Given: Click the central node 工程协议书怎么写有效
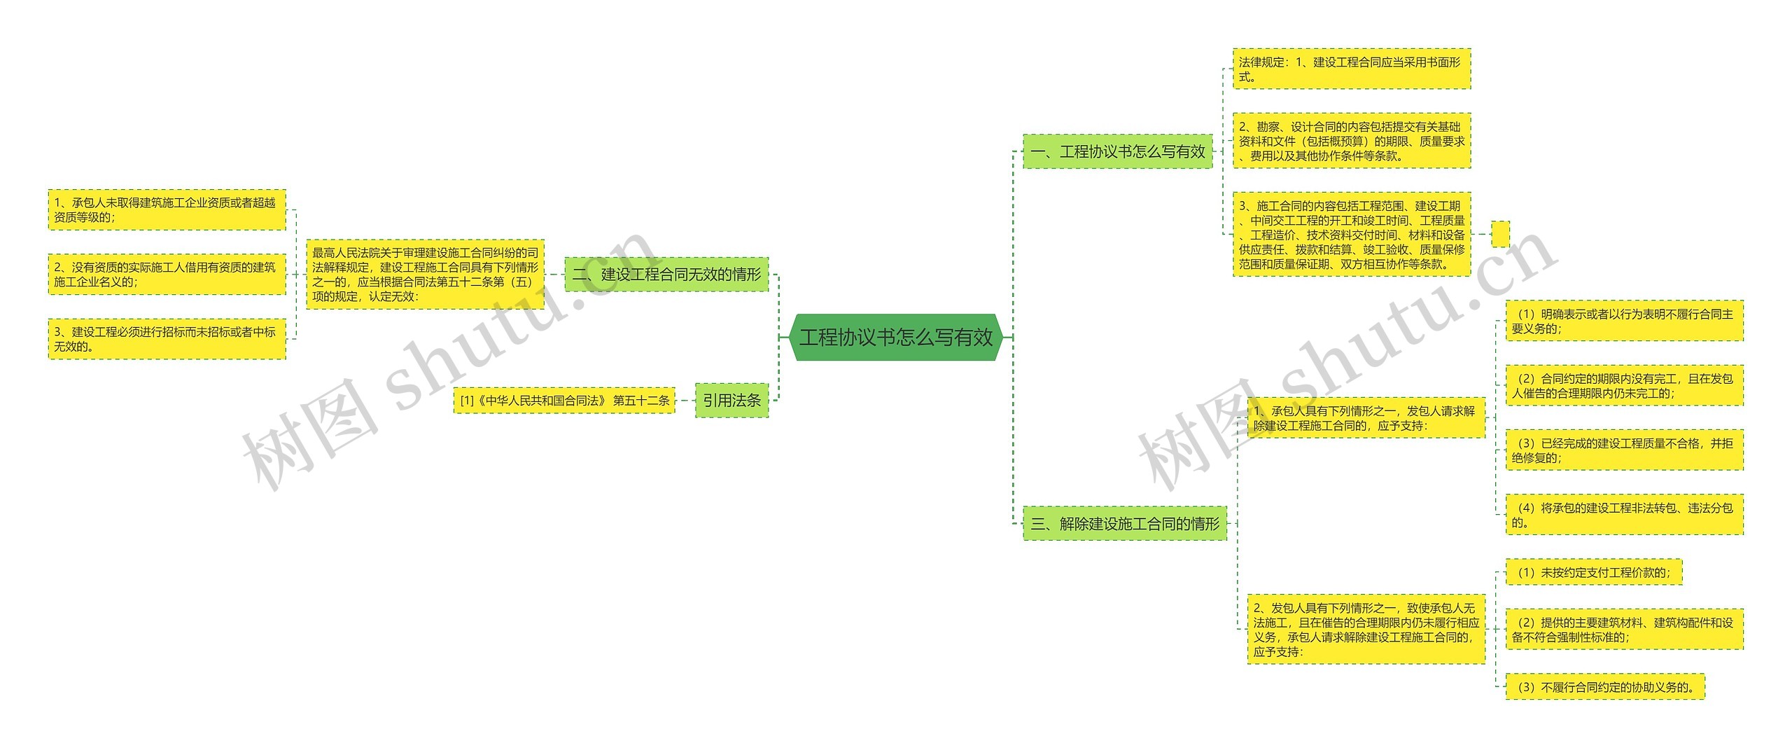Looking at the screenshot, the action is point(895,338).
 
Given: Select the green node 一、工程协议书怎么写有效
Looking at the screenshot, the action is point(1117,151).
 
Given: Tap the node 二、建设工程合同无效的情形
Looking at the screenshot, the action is point(666,274).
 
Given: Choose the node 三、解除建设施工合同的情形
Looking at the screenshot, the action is point(1125,523).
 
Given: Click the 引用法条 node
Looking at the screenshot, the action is point(731,400).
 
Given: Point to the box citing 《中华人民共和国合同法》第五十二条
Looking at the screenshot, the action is point(564,401).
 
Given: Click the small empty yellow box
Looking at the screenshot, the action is point(1500,234).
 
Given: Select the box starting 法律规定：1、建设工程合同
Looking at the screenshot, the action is point(1351,69).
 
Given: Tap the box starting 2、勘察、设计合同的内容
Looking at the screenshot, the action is point(1351,141).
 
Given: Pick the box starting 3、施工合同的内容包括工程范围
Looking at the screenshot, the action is point(1351,234).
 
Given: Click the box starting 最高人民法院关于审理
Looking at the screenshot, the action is point(425,274).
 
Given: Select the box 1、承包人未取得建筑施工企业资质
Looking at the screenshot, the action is point(167,209).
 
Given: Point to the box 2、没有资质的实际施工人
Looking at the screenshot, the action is point(167,274).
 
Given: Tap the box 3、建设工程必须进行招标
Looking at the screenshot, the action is point(167,339).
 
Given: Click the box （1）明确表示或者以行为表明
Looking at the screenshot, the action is point(1624,321).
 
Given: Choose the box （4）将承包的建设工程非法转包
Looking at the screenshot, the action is point(1624,515).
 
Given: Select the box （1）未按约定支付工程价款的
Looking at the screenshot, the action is point(1593,572).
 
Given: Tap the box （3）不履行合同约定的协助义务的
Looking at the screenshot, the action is point(1604,687).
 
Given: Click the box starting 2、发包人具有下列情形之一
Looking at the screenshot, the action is point(1366,630).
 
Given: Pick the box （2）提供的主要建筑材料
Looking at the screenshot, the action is point(1624,630).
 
